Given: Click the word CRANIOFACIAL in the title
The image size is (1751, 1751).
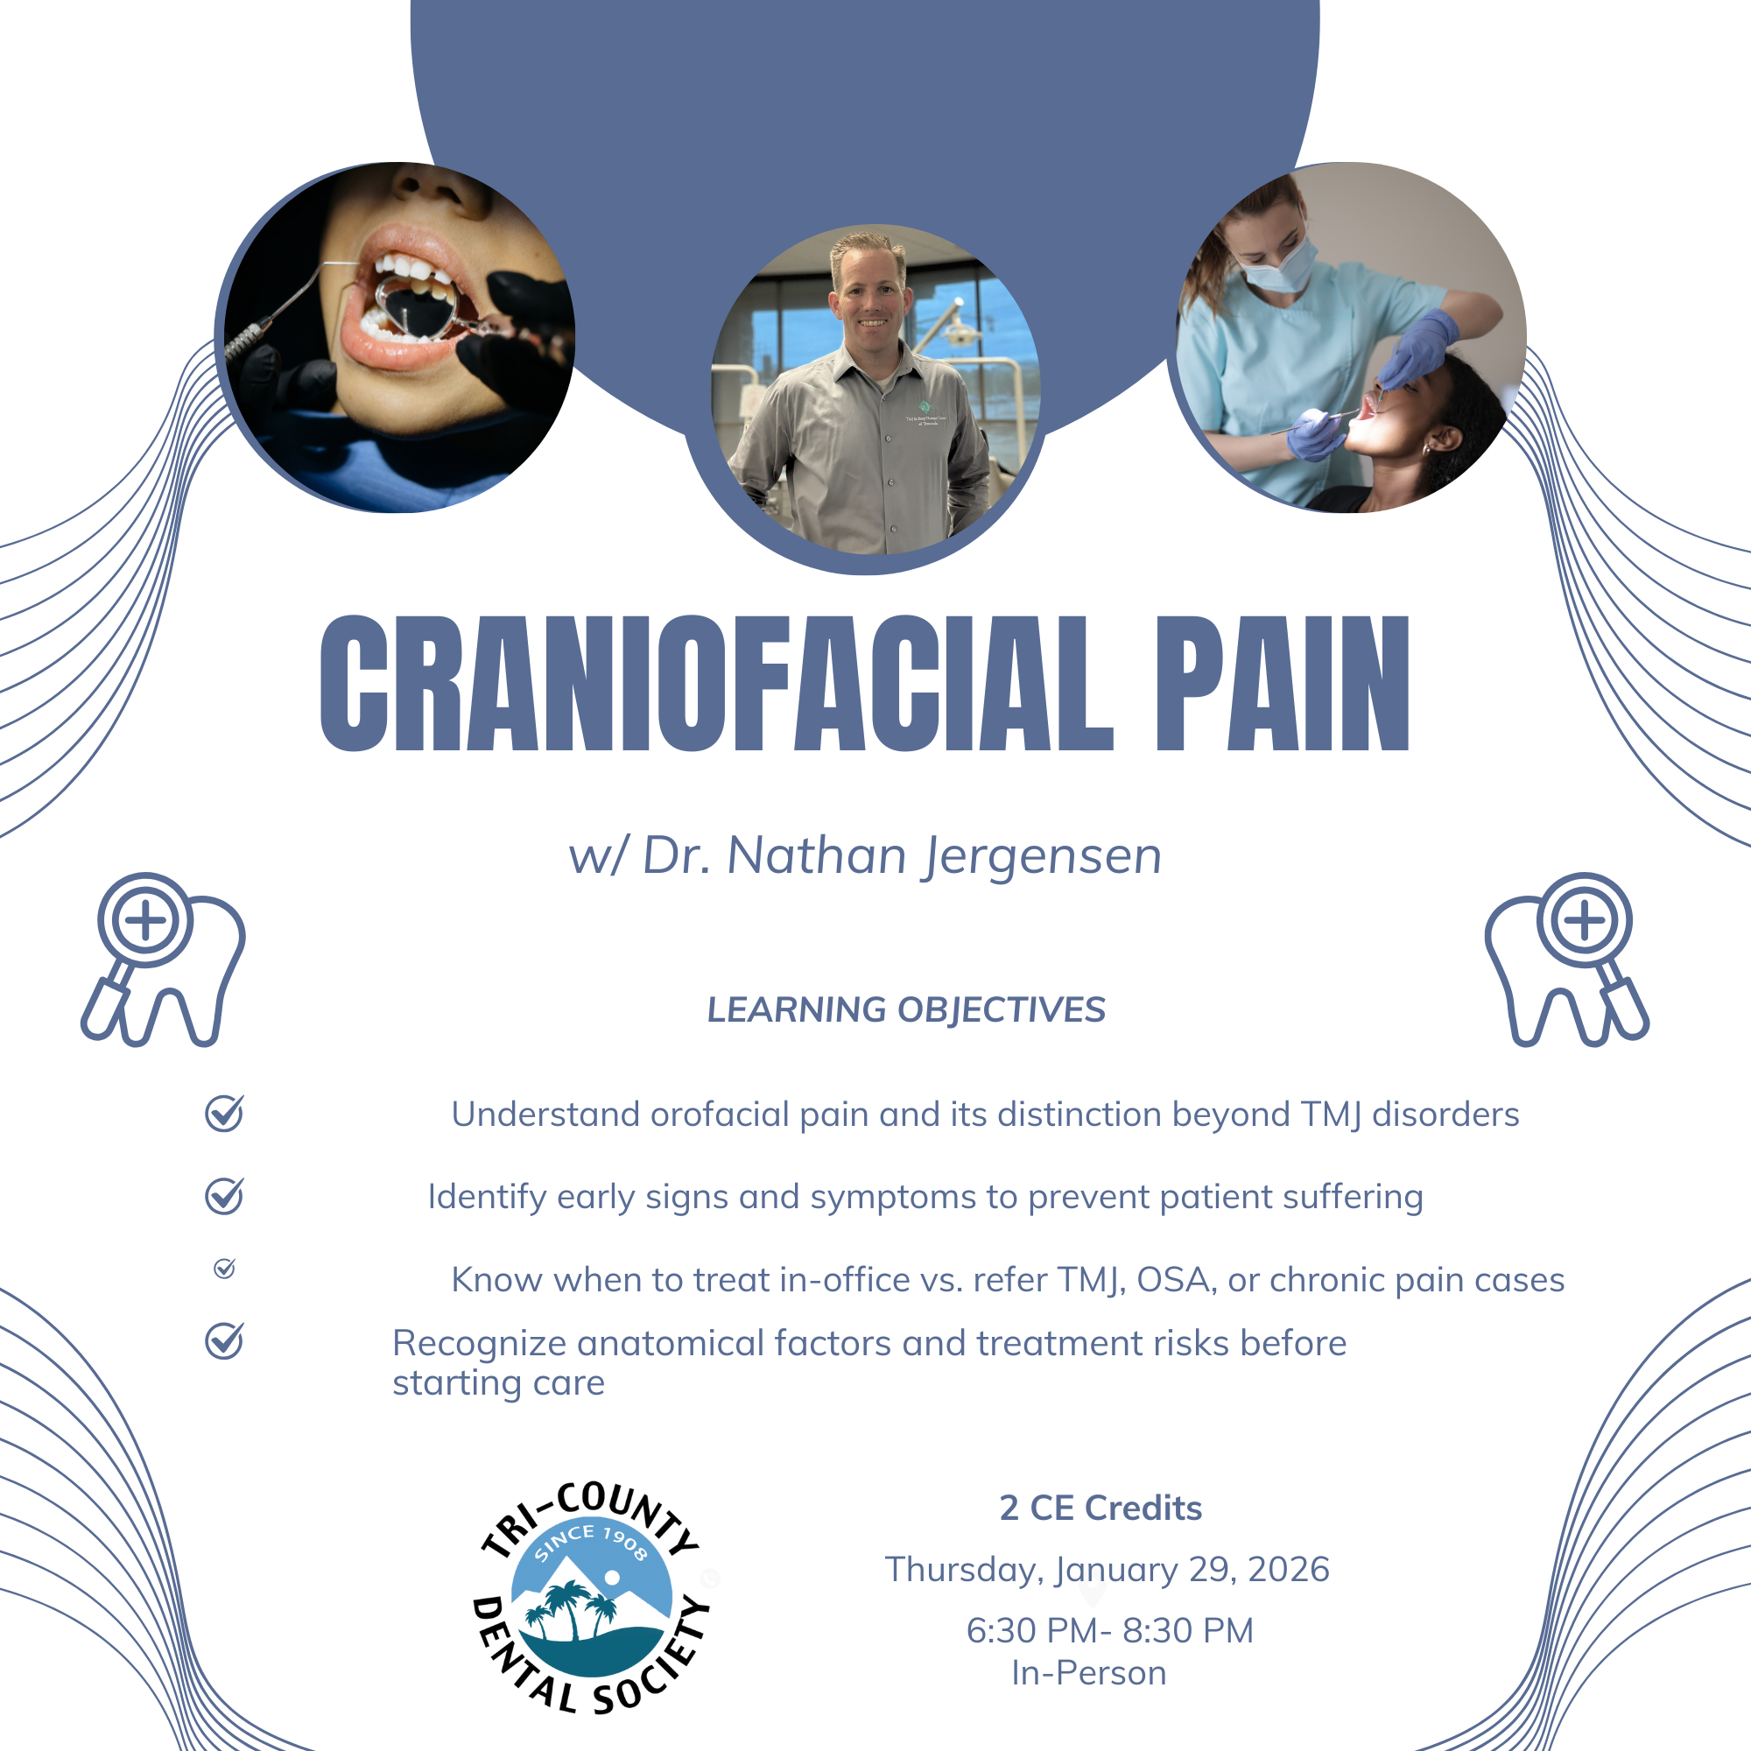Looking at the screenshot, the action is [x=716, y=684].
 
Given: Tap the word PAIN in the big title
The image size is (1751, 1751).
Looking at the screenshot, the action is [x=1283, y=684].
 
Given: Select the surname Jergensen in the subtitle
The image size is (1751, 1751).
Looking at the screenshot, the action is [x=1042, y=857].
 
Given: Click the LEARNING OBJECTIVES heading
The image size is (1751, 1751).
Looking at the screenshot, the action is [x=906, y=1009].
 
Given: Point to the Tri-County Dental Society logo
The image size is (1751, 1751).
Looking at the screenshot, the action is [x=592, y=1598].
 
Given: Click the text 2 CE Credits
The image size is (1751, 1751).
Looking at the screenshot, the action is [x=1101, y=1508].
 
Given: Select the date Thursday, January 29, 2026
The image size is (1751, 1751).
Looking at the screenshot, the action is [x=1107, y=1570].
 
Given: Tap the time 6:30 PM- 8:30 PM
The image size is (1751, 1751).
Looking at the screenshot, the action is [x=1109, y=1630].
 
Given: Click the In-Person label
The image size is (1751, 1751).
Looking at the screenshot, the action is [x=1088, y=1673].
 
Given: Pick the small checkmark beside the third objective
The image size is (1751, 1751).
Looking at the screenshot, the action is [x=224, y=1268].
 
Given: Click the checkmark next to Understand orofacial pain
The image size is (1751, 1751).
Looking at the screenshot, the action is [x=224, y=1113].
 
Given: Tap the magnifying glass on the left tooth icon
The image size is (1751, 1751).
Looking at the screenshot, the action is [x=136, y=943].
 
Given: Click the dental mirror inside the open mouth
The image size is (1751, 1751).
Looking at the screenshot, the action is [x=413, y=308].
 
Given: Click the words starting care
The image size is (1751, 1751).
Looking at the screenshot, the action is [x=498, y=1383].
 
